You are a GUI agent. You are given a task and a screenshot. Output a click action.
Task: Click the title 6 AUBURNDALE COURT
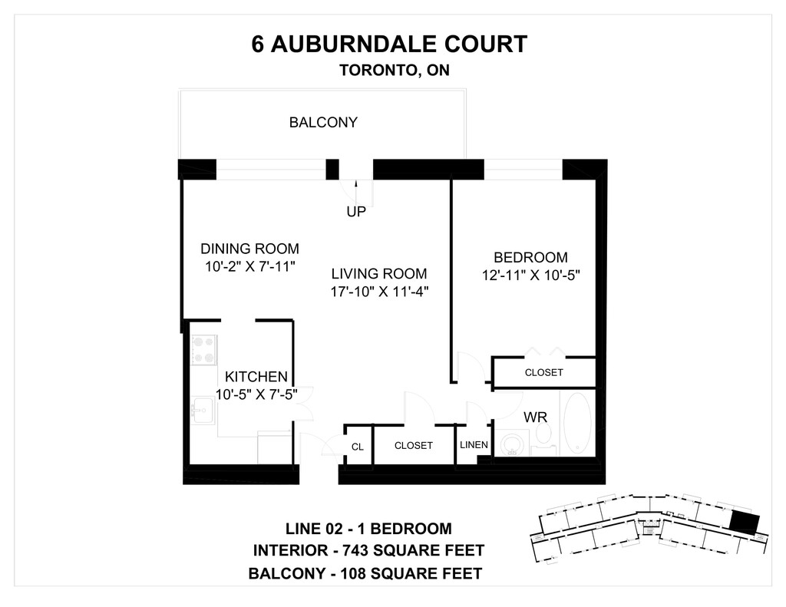pyautogui.click(x=389, y=44)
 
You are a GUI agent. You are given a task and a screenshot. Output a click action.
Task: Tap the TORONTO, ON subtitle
pyautogui.click(x=394, y=70)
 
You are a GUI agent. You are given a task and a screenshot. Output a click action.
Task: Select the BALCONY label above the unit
pyautogui.click(x=323, y=122)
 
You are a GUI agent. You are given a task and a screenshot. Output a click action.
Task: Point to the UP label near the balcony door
pyautogui.click(x=356, y=212)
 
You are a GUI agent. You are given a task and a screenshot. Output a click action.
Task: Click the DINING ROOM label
pyautogui.click(x=249, y=249)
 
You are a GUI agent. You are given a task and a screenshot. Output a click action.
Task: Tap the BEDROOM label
pyautogui.click(x=530, y=257)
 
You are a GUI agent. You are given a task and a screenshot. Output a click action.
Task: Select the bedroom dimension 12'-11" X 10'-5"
pyautogui.click(x=530, y=275)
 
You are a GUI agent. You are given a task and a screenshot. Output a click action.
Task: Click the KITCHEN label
pyautogui.click(x=256, y=377)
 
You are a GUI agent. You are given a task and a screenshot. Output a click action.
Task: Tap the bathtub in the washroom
pyautogui.click(x=576, y=424)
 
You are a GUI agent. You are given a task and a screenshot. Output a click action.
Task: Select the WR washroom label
pyautogui.click(x=535, y=417)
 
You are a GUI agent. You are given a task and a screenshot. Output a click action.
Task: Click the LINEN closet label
pyautogui.click(x=474, y=445)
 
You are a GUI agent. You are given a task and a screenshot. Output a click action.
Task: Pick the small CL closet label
pyautogui.click(x=357, y=447)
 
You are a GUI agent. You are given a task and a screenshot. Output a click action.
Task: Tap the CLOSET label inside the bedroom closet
pyautogui.click(x=543, y=372)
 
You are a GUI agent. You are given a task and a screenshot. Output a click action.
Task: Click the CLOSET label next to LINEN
pyautogui.click(x=413, y=445)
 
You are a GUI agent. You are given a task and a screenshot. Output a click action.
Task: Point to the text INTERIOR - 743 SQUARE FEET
pyautogui.click(x=368, y=550)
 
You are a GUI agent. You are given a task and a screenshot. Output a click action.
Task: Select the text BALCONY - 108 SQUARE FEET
pyautogui.click(x=365, y=573)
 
